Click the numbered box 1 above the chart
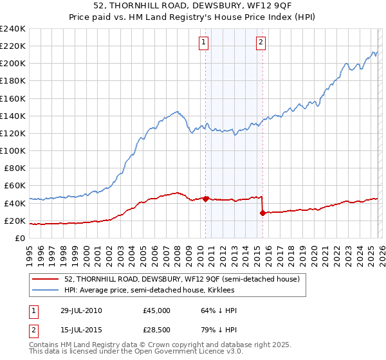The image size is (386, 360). tap(203, 43)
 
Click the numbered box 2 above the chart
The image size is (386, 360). tap(261, 43)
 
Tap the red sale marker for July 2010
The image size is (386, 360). tap(205, 199)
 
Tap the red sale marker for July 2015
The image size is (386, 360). tap(262, 213)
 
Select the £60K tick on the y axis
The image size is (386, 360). tap(15, 186)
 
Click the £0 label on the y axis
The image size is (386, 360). tap(20, 238)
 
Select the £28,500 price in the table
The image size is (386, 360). tap(156, 331)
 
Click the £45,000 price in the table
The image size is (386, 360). tap(156, 310)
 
